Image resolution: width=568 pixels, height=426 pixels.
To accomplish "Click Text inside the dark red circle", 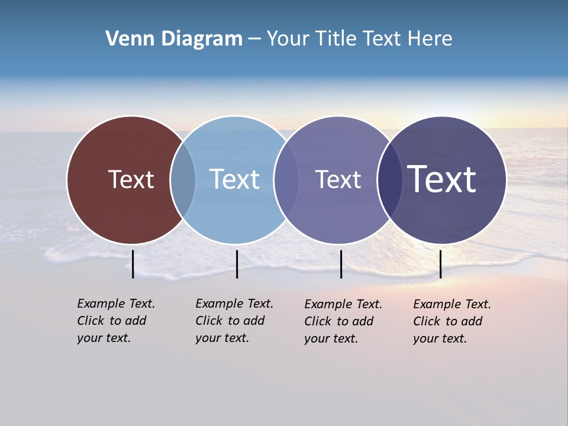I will (131, 179).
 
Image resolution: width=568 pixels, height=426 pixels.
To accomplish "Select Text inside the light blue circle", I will (235, 179).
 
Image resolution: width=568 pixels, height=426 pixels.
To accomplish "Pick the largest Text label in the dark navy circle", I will (442, 179).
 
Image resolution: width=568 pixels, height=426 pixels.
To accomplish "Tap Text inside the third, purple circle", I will (338, 179).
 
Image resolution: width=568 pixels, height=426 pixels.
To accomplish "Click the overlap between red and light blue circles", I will (183, 179).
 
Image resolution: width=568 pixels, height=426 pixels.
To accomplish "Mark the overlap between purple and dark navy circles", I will (390, 179).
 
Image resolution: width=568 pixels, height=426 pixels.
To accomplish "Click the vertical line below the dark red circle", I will (133, 264).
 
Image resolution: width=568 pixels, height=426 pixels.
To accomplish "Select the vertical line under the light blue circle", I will (237, 264).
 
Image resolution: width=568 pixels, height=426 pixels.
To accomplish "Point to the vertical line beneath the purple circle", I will (341, 264).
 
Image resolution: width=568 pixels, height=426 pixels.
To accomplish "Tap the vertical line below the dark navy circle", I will (440, 264).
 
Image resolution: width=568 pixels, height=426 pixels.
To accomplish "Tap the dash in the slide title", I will (254, 39).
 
